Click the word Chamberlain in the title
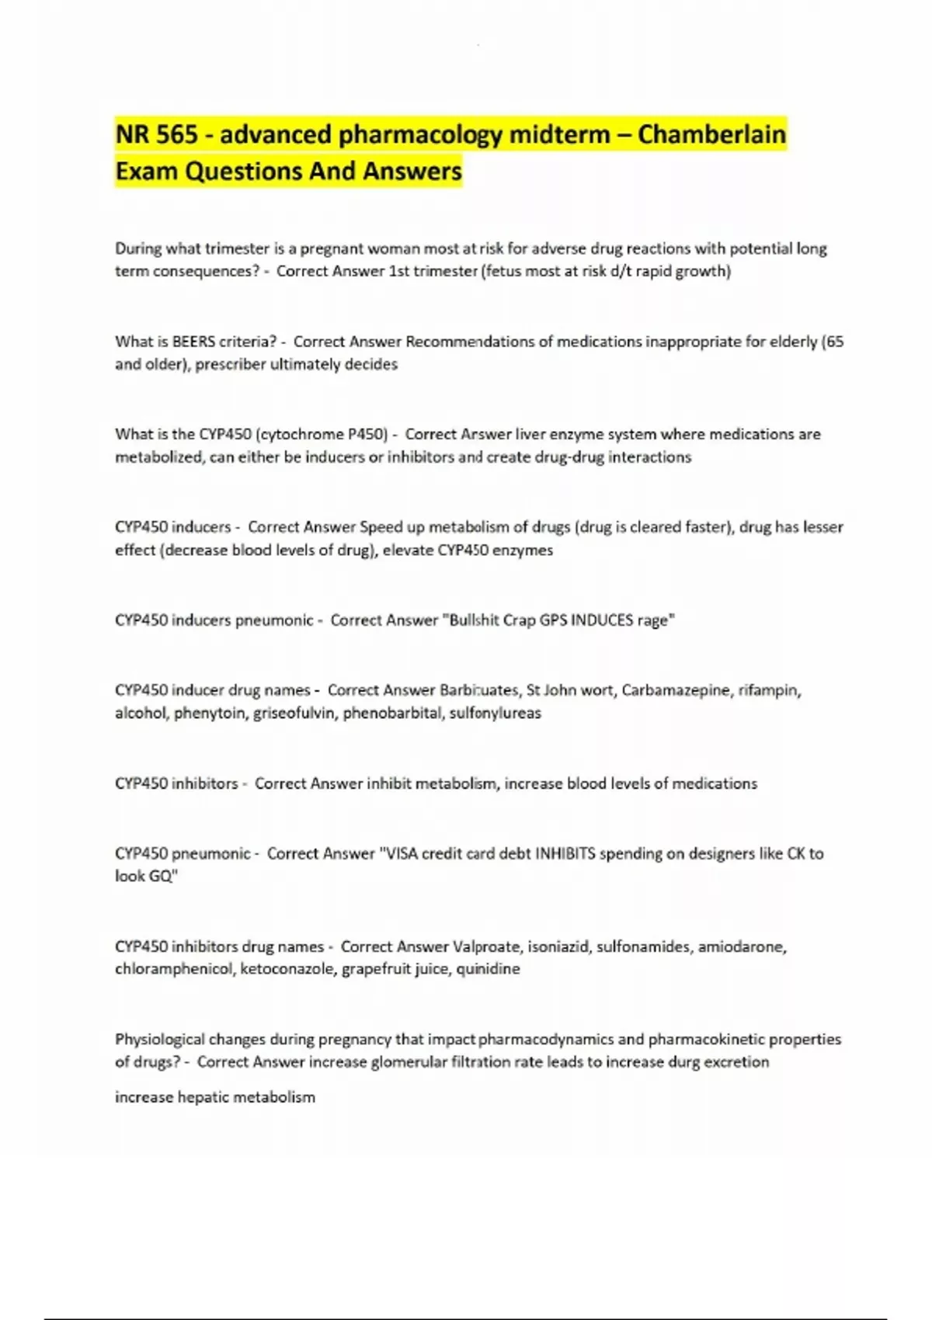click(x=711, y=134)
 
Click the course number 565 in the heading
click(x=177, y=134)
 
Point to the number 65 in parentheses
click(x=835, y=342)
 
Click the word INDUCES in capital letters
click(x=603, y=620)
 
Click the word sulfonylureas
click(x=496, y=713)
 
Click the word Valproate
click(x=486, y=947)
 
